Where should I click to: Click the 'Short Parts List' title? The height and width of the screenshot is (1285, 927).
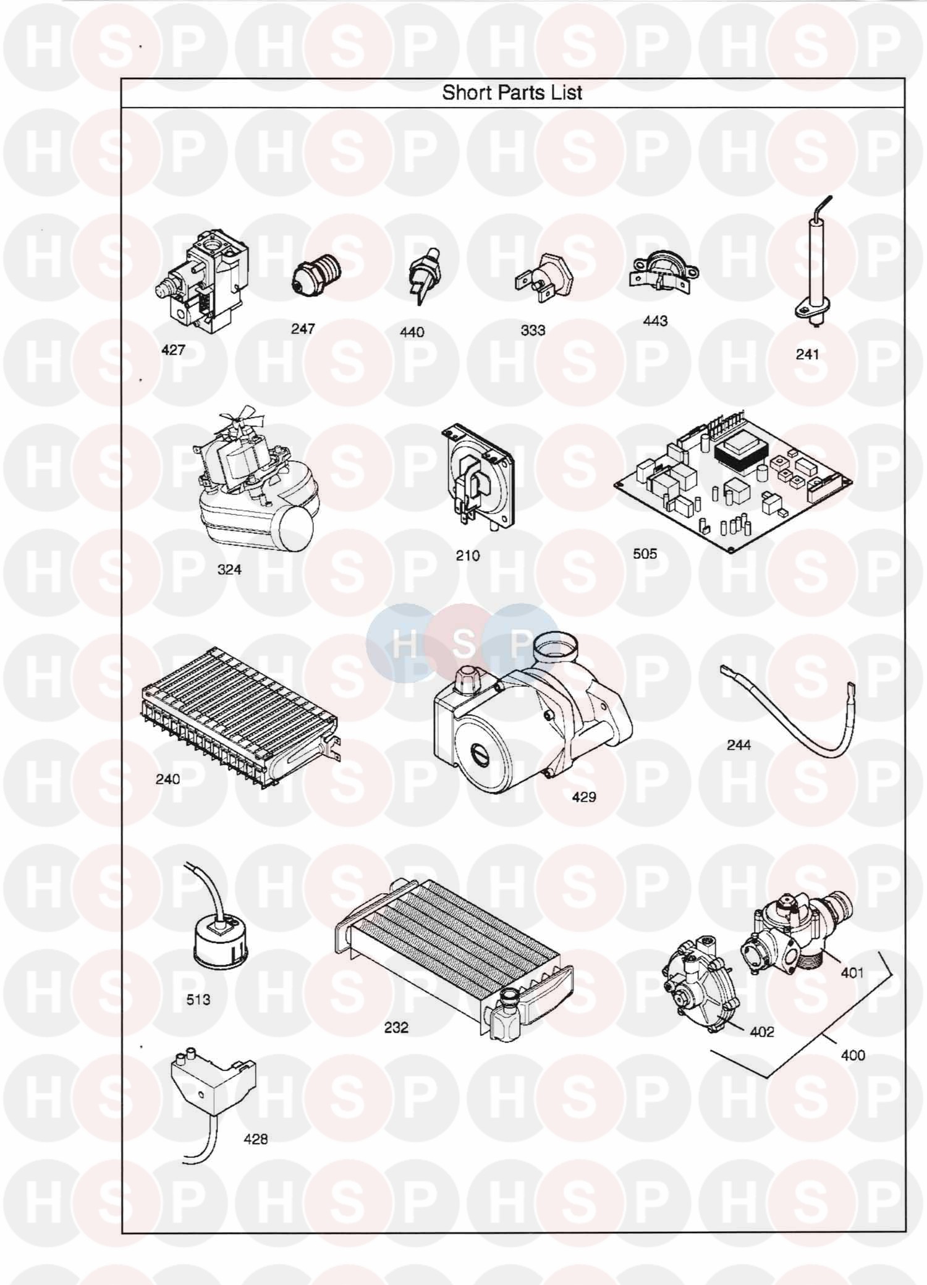[512, 93]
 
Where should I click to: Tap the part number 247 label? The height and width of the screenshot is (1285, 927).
[303, 329]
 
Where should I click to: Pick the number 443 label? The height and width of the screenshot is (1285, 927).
[655, 321]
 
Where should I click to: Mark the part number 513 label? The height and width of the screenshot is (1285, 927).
[198, 999]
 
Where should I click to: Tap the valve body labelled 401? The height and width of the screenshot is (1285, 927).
[794, 930]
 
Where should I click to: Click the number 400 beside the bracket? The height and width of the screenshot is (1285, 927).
[853, 1055]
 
